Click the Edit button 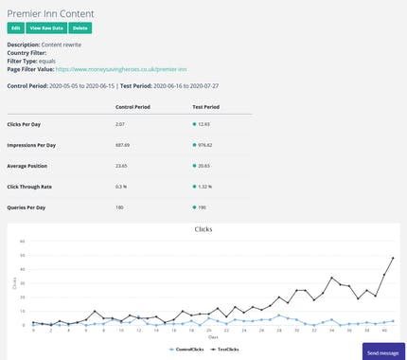(15, 28)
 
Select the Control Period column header (133, 107)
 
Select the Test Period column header (204, 107)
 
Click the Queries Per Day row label (27, 207)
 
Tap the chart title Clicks (203, 229)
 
